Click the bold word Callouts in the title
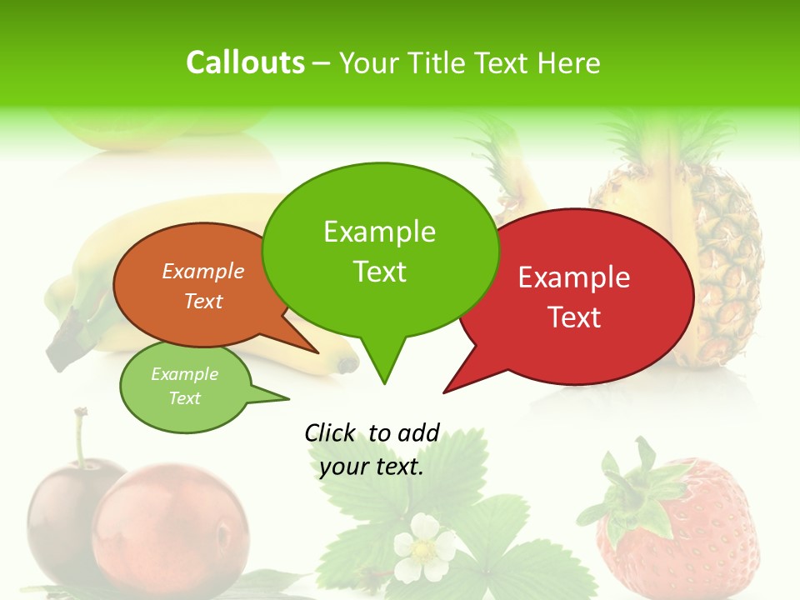coord(245,63)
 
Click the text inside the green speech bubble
coord(380,251)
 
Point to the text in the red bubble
coord(574,297)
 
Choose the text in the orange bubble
coord(203,286)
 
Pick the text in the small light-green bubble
coord(184,386)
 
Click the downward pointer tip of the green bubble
coord(383,381)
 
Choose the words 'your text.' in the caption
coord(372,467)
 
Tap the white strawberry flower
coord(424,547)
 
